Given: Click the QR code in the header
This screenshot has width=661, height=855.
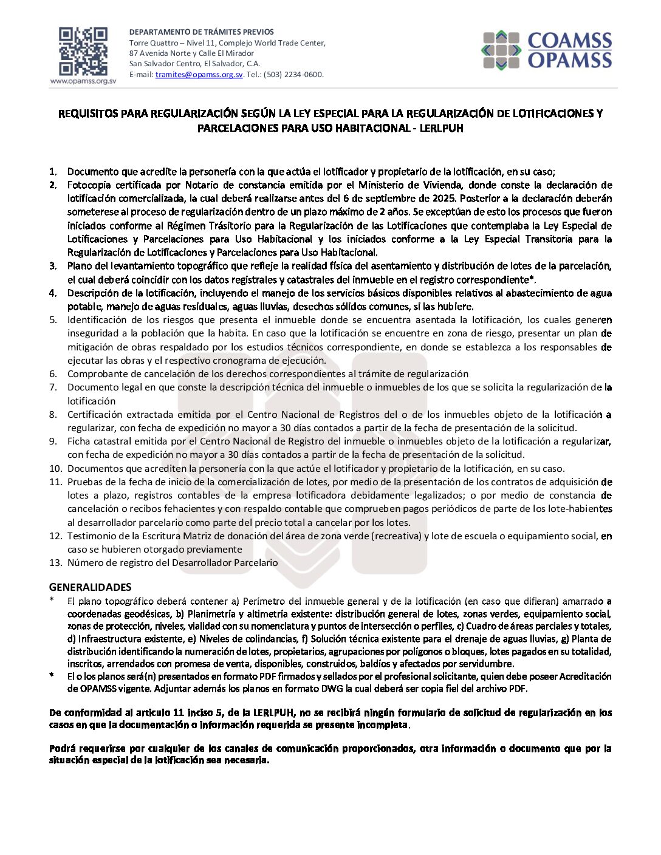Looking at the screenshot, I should click(83, 52).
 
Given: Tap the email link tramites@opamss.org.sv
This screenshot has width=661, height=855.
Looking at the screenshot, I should click(199, 75).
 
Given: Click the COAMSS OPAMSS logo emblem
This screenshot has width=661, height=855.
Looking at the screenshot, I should click(501, 50).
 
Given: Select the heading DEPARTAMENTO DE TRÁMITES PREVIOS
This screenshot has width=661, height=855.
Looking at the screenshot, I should click(201, 32).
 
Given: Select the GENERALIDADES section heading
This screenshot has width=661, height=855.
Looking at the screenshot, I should click(90, 587).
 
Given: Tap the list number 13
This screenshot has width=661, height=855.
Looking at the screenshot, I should click(55, 563).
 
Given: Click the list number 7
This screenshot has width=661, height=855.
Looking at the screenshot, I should click(53, 387).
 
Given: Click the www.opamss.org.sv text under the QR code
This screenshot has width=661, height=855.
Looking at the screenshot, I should click(83, 81).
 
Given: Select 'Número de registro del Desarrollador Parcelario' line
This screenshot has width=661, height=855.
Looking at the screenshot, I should click(173, 563).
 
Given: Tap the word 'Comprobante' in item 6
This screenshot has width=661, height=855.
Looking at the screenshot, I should click(95, 374).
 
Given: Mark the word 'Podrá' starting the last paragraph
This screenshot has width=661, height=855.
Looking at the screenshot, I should click(61, 749).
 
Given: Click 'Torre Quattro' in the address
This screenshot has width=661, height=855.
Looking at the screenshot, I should click(154, 43).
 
